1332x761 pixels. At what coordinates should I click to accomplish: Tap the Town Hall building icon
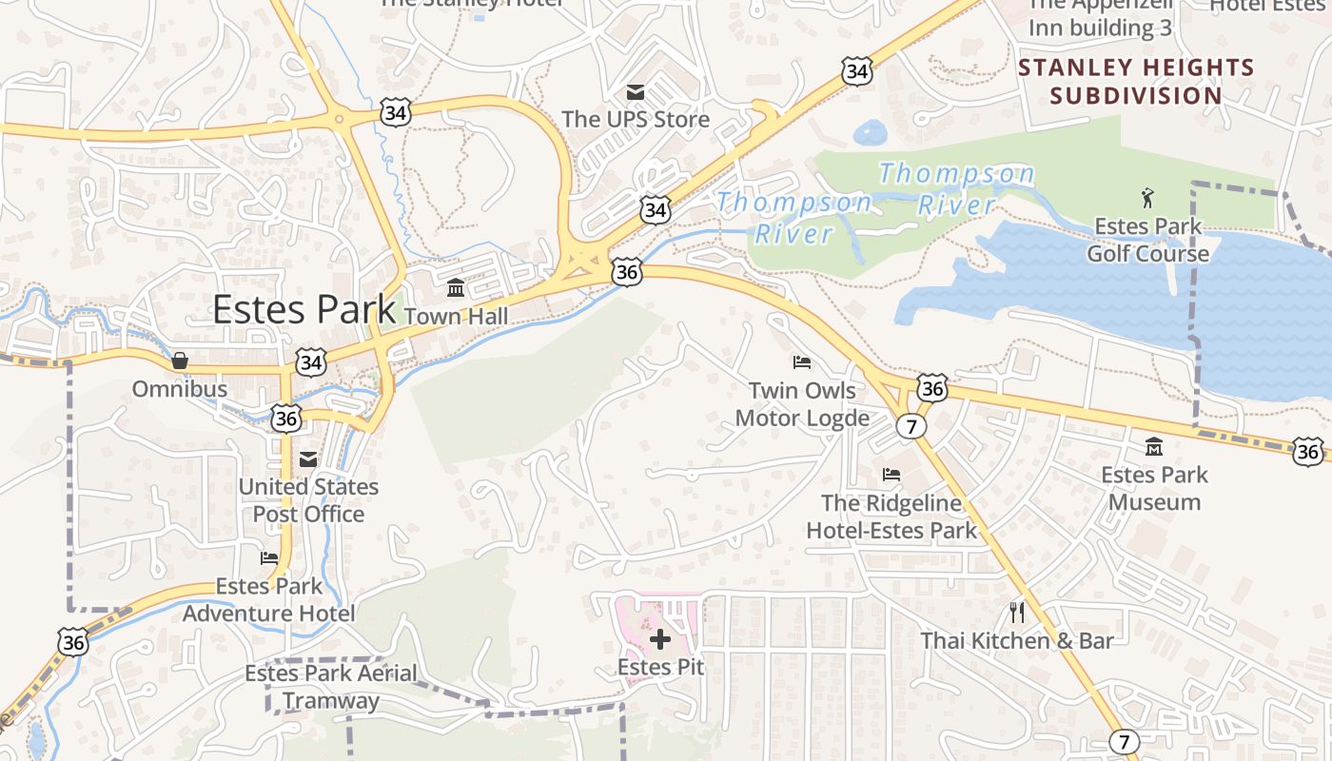[x=456, y=287]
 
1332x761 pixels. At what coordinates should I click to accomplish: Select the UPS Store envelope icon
[x=635, y=92]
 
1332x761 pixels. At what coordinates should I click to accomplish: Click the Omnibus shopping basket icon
[x=179, y=361]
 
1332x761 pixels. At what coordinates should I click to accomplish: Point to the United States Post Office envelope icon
[x=307, y=459]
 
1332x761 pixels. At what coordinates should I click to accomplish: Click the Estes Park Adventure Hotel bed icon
[x=269, y=558]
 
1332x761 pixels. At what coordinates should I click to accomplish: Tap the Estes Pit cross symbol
[x=660, y=639]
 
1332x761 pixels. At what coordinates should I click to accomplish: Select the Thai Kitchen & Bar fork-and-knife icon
[x=1017, y=612]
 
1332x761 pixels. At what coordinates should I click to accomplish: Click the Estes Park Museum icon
[x=1154, y=446]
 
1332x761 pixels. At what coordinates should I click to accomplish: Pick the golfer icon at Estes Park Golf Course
[x=1147, y=198]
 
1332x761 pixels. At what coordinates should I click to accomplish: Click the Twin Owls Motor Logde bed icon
[x=802, y=362]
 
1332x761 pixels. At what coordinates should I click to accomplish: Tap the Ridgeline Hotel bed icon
[x=891, y=474]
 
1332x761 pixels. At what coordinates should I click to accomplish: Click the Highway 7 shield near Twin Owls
[x=911, y=426]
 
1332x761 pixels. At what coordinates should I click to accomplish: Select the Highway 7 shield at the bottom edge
[x=1125, y=741]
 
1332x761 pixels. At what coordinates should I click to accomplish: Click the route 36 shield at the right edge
[x=1308, y=451]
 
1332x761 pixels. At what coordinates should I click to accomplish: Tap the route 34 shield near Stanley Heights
[x=856, y=71]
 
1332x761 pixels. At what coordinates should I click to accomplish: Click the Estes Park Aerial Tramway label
[x=331, y=687]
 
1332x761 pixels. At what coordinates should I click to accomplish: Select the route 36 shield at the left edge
[x=73, y=641]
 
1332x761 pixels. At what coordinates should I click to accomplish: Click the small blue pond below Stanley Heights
[x=871, y=132]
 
